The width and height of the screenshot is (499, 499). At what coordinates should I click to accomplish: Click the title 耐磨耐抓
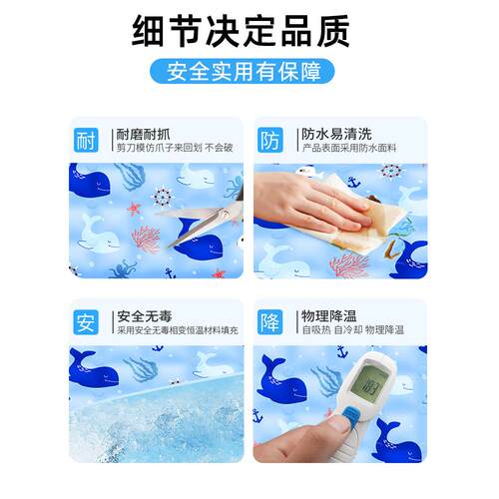coord(144,133)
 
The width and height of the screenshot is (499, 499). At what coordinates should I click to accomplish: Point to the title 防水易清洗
coord(334,133)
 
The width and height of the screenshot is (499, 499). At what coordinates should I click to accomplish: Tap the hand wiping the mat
coord(304,200)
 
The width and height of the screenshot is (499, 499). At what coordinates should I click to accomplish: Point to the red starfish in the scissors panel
coord(133,209)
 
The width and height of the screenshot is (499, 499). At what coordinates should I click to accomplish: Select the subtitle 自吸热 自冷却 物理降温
coord(352,330)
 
